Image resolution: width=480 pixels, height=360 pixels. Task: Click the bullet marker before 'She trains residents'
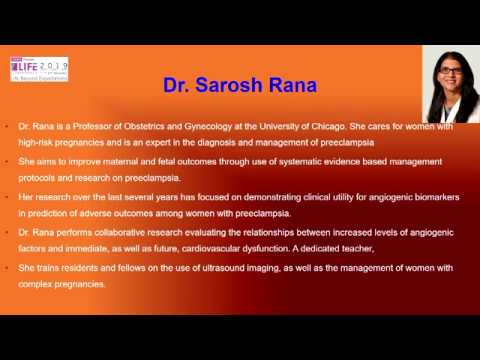pyautogui.click(x=7, y=267)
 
